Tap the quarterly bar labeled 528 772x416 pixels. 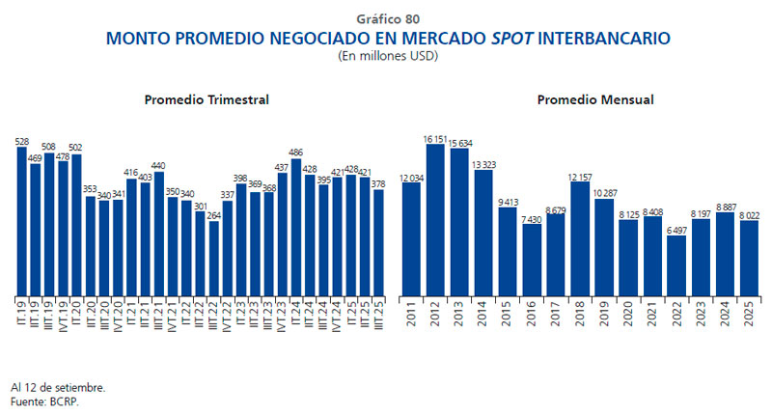click(22, 221)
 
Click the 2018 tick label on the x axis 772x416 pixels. click(581, 315)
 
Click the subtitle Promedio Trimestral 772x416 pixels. click(207, 99)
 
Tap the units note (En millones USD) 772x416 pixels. click(387, 56)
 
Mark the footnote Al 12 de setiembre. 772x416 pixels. click(58, 387)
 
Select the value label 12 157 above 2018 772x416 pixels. click(581, 176)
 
